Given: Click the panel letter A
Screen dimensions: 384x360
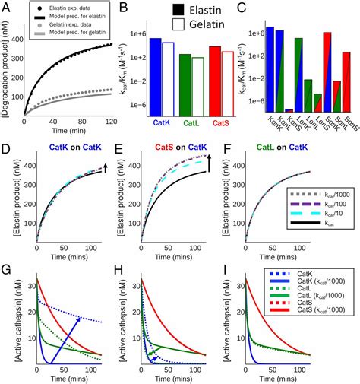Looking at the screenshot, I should tap(7, 7).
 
